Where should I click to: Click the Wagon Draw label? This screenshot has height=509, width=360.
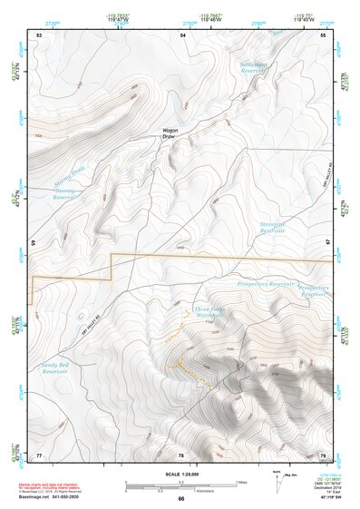[170, 133]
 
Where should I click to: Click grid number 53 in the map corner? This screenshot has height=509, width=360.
[39, 34]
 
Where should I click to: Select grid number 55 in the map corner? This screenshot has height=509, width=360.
[323, 34]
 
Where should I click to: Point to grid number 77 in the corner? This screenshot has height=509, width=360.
[39, 455]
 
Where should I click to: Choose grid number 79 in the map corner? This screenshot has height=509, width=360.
[323, 455]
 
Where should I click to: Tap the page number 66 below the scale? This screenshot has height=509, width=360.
[180, 499]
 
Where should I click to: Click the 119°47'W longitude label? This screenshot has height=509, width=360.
[117, 19]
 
